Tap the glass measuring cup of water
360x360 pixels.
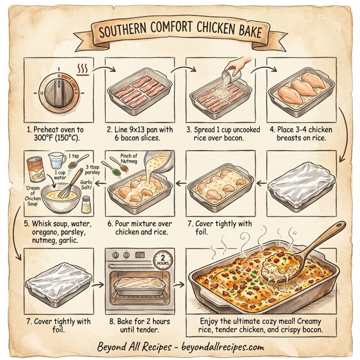click(58, 160)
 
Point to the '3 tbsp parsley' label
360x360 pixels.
click(94, 170)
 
